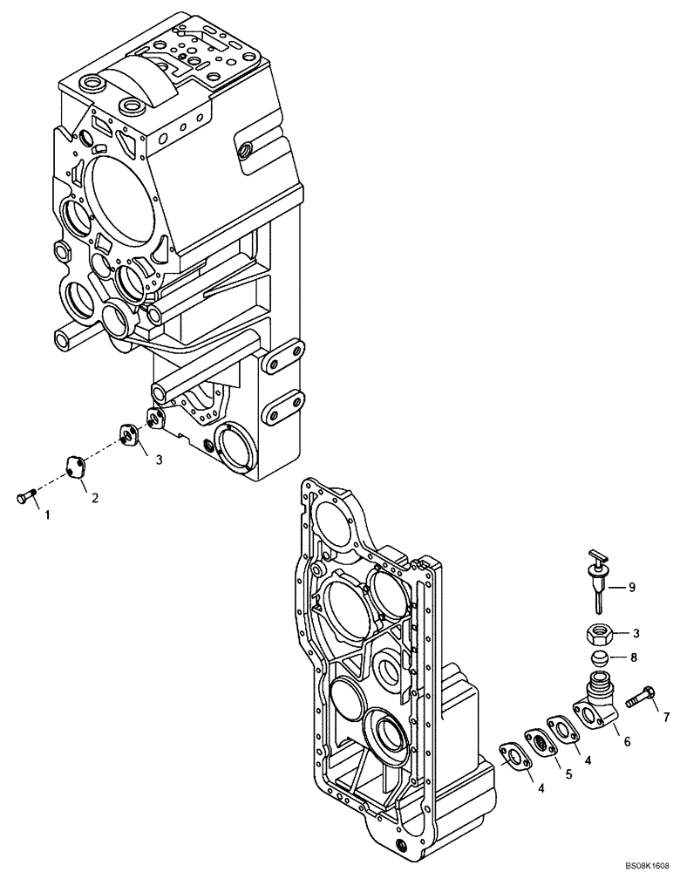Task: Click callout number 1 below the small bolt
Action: click(48, 515)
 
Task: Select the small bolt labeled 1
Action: click(25, 497)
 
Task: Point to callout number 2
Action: click(94, 498)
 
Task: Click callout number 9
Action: click(633, 588)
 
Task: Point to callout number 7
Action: click(666, 718)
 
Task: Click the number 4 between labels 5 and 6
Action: click(588, 760)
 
